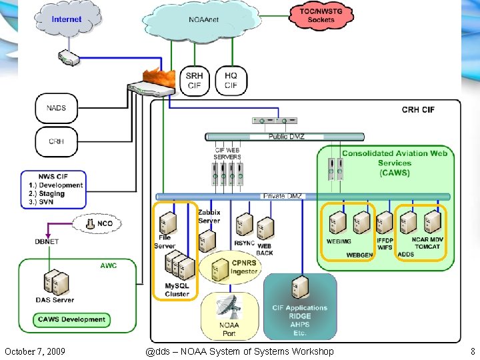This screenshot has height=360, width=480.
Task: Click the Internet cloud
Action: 67,20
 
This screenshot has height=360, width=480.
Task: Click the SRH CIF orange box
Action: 194,81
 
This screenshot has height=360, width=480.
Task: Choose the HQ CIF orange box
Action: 231,81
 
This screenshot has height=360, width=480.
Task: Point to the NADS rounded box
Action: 56,108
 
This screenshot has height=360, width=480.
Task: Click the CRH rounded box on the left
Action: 56,141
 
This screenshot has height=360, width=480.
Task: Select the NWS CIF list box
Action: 53,189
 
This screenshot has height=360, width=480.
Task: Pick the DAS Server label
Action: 55,300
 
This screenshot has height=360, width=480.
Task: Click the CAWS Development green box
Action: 71,319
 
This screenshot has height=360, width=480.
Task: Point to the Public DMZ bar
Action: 286,137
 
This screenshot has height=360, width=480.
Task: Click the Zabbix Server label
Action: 209,217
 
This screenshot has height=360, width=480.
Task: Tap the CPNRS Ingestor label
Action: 243,267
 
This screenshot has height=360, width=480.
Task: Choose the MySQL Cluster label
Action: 177,290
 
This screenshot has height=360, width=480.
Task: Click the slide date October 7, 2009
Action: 35,351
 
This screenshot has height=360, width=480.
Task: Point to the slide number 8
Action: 472,351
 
